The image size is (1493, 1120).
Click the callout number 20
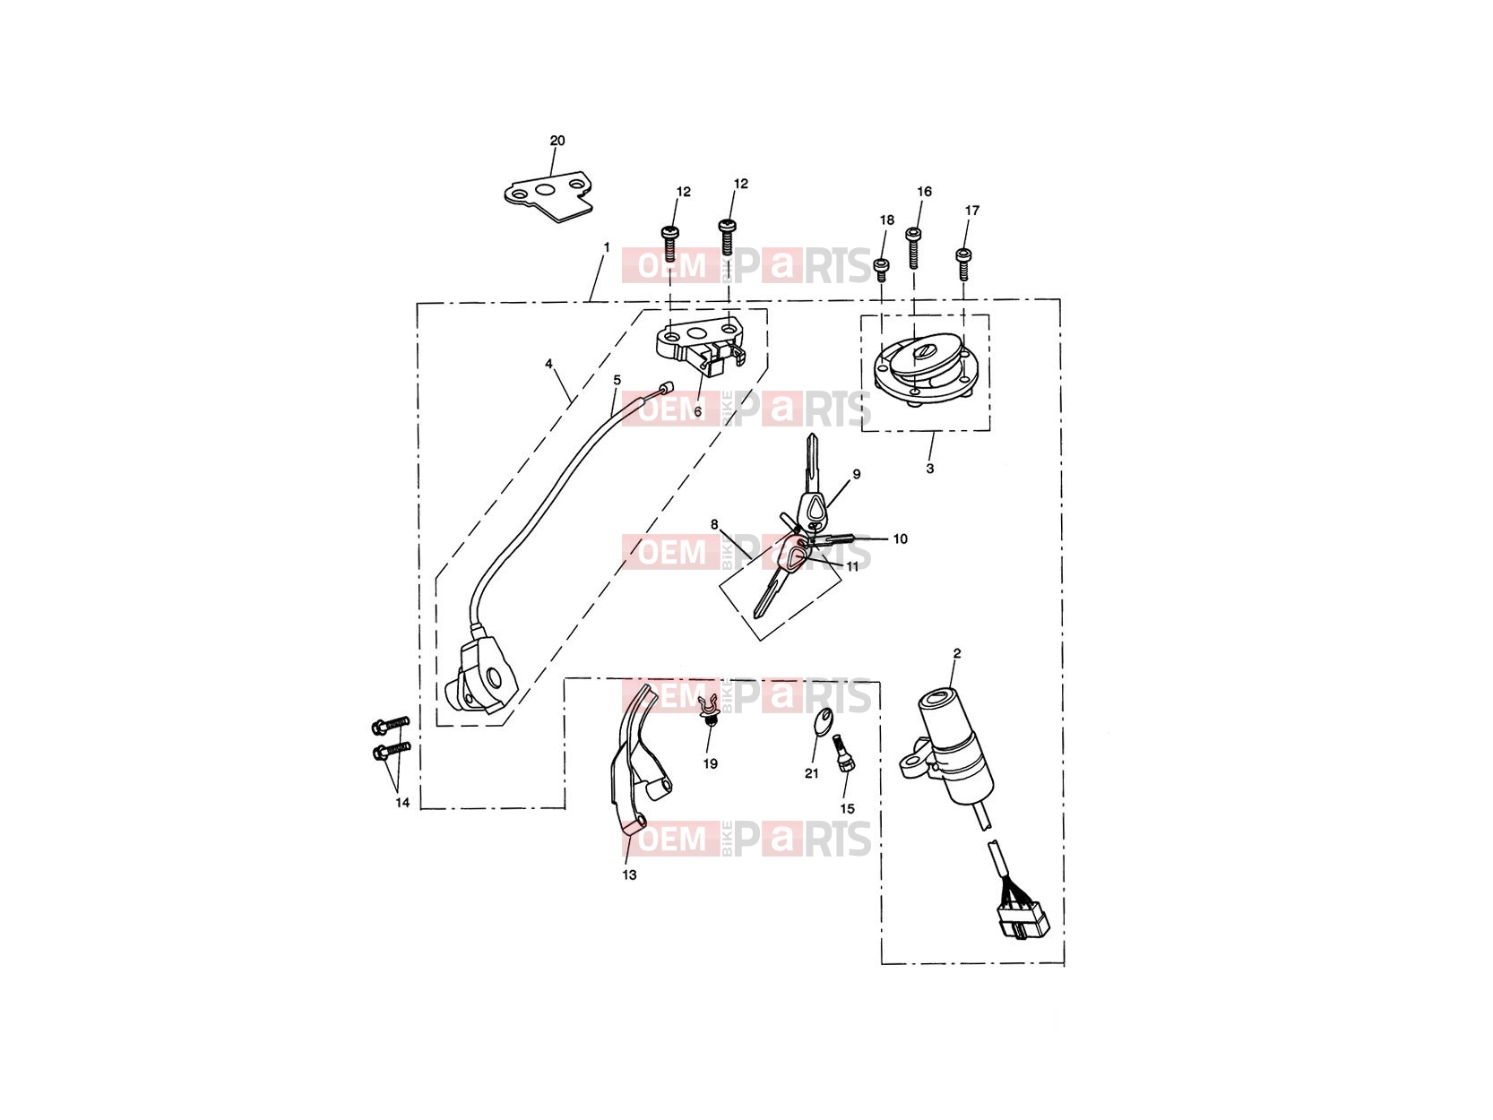point(557,141)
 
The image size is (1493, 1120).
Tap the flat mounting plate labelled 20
point(548,197)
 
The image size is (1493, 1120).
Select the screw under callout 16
point(913,248)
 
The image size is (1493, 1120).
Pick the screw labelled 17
point(963,264)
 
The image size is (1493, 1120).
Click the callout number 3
point(930,469)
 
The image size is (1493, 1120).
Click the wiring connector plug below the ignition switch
point(1023,920)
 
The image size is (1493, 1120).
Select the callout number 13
point(629,874)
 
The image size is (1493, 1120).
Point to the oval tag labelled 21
point(823,721)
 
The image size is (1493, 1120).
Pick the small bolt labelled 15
point(844,754)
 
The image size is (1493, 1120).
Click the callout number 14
point(402,803)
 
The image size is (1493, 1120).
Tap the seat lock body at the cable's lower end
point(480,676)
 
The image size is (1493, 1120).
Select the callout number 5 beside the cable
point(617,380)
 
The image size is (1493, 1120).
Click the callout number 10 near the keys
point(900,538)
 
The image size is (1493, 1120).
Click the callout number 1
point(607,247)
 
